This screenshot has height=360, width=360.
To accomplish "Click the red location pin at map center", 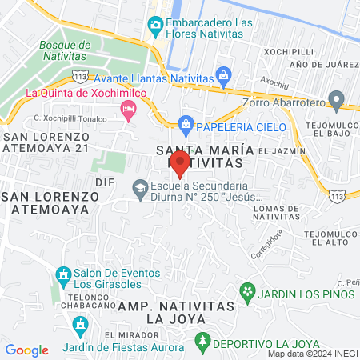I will coord(180,163).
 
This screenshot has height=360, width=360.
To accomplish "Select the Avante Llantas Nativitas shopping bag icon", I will coord(225,78).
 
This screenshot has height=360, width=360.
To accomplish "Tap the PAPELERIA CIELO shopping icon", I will coord(186,122).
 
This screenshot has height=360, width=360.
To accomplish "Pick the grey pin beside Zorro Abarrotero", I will coord(337,102).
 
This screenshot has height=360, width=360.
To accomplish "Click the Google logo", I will coord(26,350).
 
